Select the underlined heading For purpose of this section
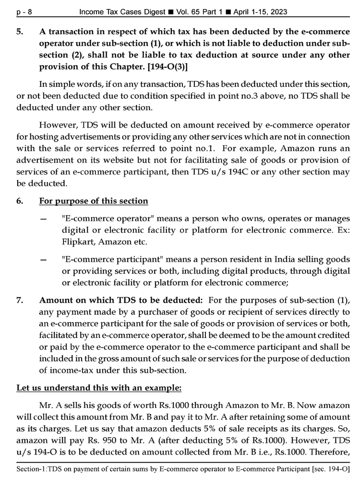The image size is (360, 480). (94, 201)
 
